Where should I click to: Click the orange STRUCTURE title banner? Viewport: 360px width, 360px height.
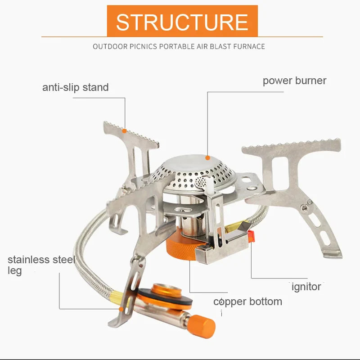point(182,21)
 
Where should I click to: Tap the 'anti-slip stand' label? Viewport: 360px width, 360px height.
point(76,87)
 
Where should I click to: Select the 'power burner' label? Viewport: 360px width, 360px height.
point(294,81)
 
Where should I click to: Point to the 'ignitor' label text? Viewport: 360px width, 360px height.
point(306,287)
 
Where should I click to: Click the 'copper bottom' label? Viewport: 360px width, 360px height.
point(248,301)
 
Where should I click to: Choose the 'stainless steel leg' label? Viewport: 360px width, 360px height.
point(40,265)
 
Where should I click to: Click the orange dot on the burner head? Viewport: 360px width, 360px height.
point(207,157)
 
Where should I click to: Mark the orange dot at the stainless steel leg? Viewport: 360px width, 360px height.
point(121,309)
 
